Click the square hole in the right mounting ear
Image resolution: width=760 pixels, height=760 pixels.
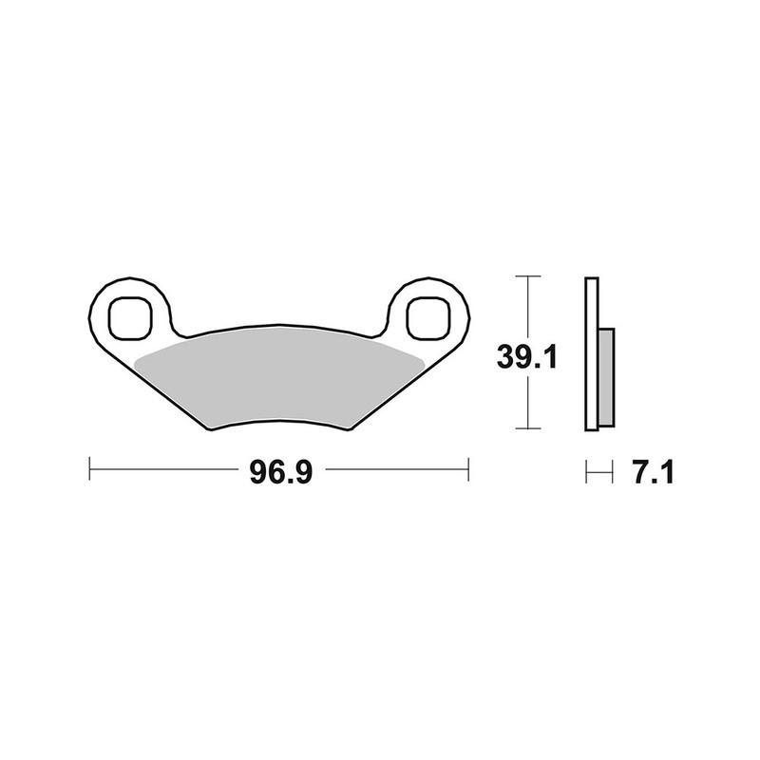428,316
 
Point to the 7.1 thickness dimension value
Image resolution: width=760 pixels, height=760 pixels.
652,472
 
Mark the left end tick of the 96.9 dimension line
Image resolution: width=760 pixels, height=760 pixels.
88,467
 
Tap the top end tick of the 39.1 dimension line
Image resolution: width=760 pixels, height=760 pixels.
526,276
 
